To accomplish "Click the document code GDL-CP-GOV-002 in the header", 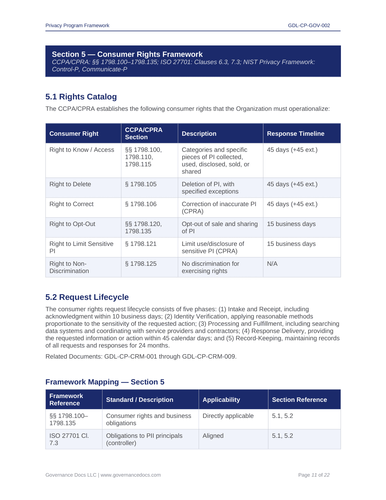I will pyautogui.click(x=309, y=26).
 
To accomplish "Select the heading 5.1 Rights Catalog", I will pyautogui.click(x=81, y=97).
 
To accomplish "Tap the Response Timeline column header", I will pyautogui.click(x=295, y=134).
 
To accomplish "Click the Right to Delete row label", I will pyautogui.click(x=70, y=184).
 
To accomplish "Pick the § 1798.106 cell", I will pyautogui.click(x=141, y=204).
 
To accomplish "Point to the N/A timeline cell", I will pyautogui.click(x=272, y=264).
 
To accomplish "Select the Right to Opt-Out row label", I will pyautogui.click(x=72, y=224).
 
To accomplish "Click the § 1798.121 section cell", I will pyautogui.click(x=141, y=244).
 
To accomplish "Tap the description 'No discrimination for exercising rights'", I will pyautogui.click(x=210, y=267).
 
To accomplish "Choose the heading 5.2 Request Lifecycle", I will pyautogui.click(x=87, y=297).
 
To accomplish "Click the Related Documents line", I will pyautogui.click(x=141, y=357).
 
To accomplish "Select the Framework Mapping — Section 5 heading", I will pyautogui.click(x=105, y=382).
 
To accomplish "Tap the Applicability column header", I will pyautogui.click(x=221, y=400).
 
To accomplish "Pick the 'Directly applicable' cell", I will pyautogui.click(x=228, y=416).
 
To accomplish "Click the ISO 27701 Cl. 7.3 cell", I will pyautogui.click(x=69, y=439).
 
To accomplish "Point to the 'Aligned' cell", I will pyautogui.click(x=213, y=436).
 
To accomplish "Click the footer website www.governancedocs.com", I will pyautogui.click(x=131, y=475).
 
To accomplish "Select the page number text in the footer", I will pyautogui.click(x=314, y=475).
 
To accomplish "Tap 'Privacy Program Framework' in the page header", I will pyautogui.click(x=77, y=26).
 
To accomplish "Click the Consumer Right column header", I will pyautogui.click(x=74, y=134).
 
